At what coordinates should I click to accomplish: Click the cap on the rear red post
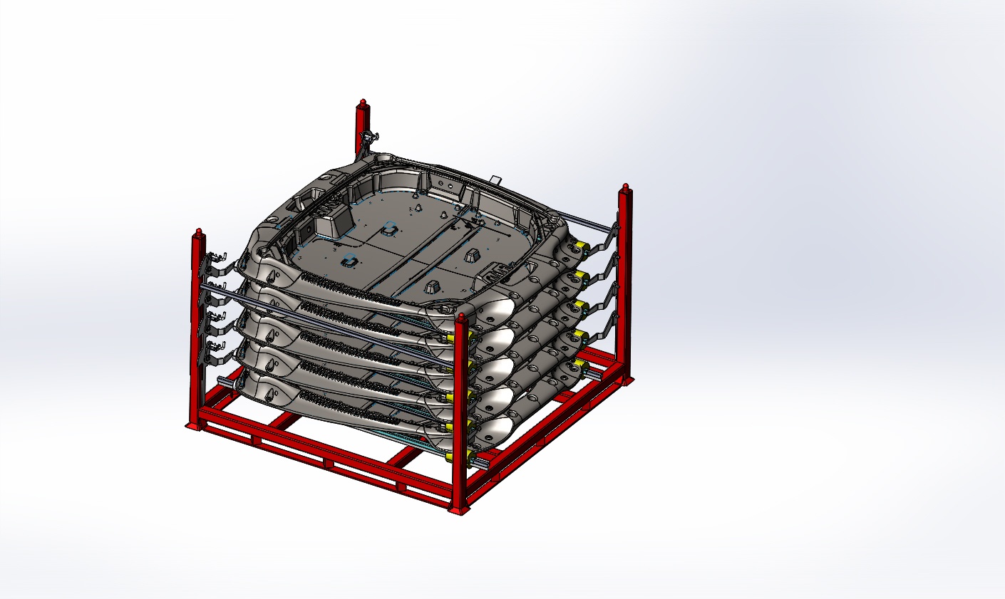pyautogui.click(x=363, y=105)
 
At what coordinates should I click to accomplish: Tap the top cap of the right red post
pyautogui.click(x=625, y=189)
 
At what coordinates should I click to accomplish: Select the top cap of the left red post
pyautogui.click(x=197, y=233)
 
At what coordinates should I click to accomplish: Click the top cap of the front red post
pyautogui.click(x=462, y=318)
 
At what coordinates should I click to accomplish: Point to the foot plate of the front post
pyautogui.click(x=460, y=509)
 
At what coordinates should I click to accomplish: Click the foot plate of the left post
pyautogui.click(x=193, y=426)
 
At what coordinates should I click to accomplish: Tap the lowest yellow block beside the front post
pyautogui.click(x=452, y=456)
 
